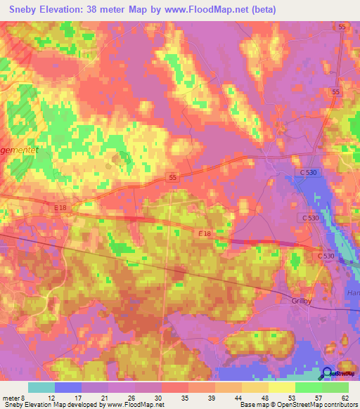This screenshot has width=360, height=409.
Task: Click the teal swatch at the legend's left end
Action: click(41, 387)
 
